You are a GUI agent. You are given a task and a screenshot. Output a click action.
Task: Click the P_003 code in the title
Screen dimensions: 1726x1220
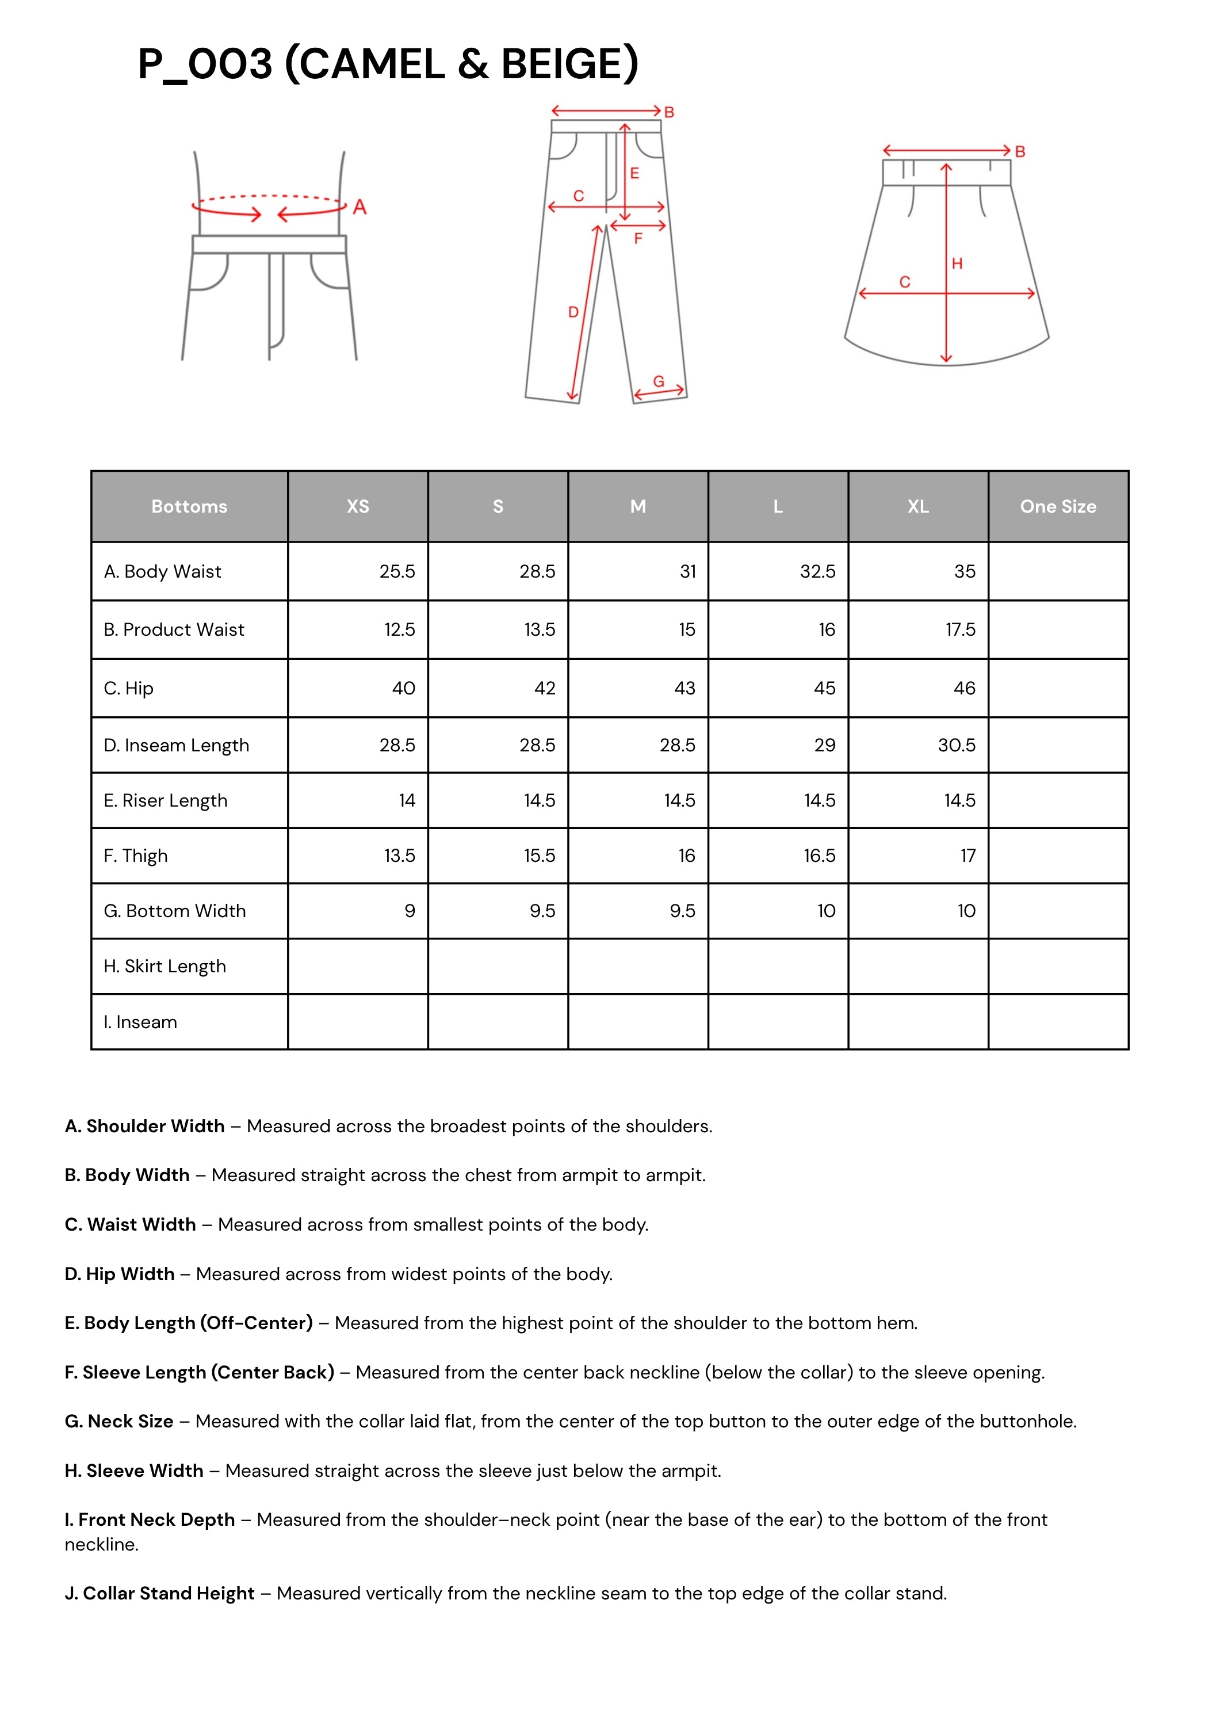(204, 64)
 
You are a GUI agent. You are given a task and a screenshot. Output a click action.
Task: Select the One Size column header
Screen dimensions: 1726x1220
(1058, 507)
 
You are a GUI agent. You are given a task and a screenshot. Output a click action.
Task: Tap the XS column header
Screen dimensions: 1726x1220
(358, 507)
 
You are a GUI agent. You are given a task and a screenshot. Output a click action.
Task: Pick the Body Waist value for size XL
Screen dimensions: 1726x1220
(965, 571)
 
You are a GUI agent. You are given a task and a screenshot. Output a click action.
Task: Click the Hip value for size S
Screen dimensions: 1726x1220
(544, 688)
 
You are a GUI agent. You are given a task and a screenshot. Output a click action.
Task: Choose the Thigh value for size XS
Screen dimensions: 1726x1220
(399, 856)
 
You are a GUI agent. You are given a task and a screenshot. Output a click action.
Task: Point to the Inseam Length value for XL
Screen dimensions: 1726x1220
(956, 745)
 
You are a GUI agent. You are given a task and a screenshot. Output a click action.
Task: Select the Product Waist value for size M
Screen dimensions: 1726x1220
(687, 629)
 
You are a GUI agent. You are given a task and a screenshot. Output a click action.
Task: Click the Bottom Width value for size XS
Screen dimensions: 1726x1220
(410, 911)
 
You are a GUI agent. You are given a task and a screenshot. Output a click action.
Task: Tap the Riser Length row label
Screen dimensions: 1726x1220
(166, 801)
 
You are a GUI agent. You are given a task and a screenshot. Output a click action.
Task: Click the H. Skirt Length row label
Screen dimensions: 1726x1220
(165, 966)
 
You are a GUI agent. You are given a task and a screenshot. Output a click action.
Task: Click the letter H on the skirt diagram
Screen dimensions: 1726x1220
(957, 264)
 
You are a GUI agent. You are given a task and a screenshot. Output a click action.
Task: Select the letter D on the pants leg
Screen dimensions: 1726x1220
(573, 312)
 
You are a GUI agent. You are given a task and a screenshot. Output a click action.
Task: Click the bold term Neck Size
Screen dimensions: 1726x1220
(130, 1421)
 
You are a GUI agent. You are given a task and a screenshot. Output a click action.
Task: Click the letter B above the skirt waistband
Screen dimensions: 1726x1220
(1020, 152)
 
